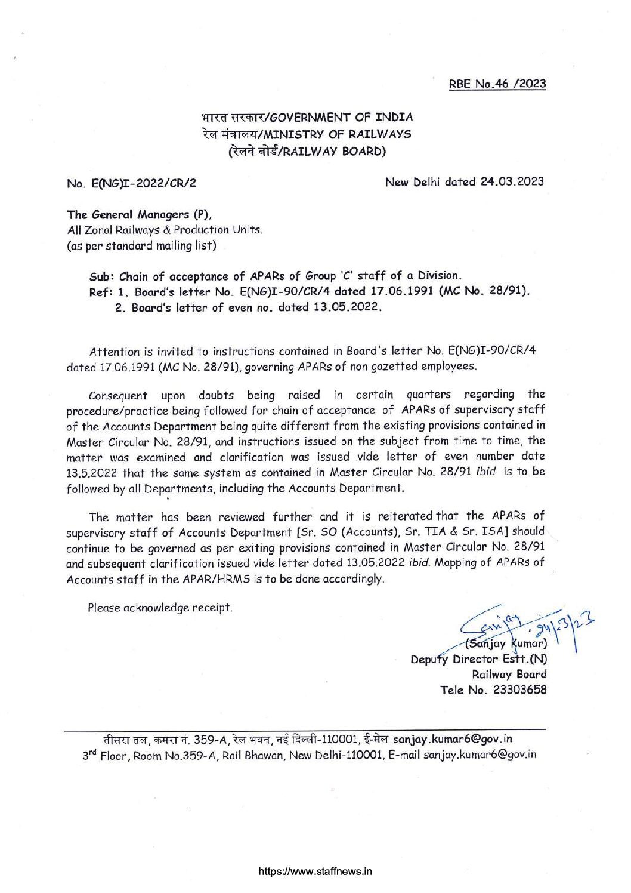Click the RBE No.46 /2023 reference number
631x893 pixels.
497,84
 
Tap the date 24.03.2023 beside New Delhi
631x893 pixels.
512,181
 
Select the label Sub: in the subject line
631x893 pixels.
102,277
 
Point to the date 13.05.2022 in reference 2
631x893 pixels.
345,307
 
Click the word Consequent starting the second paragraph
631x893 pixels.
117,396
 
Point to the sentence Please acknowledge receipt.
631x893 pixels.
160,608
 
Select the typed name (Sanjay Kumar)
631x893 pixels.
506,643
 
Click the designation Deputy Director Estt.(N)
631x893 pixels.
478,659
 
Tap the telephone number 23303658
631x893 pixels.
519,690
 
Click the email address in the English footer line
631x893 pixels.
480,755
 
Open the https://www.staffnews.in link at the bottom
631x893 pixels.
315,871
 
